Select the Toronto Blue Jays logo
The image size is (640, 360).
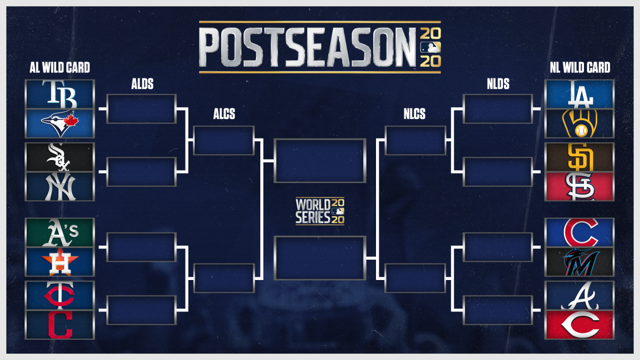point(60,124)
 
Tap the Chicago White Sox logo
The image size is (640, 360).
point(60,157)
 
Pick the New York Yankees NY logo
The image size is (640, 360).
point(60,186)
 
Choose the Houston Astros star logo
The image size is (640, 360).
point(60,262)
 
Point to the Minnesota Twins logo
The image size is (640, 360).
point(60,295)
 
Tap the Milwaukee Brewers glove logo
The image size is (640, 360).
point(580,124)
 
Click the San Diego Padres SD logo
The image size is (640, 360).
point(580,157)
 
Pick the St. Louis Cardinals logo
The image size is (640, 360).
point(580,186)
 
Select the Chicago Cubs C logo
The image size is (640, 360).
point(580,232)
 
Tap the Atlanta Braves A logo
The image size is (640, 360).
point(580,295)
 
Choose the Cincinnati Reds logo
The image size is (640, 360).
point(580,324)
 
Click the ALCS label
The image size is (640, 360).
point(224,115)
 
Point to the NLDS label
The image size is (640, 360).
point(498,84)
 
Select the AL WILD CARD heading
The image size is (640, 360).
point(60,68)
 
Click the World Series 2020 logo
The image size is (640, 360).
point(320,211)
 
